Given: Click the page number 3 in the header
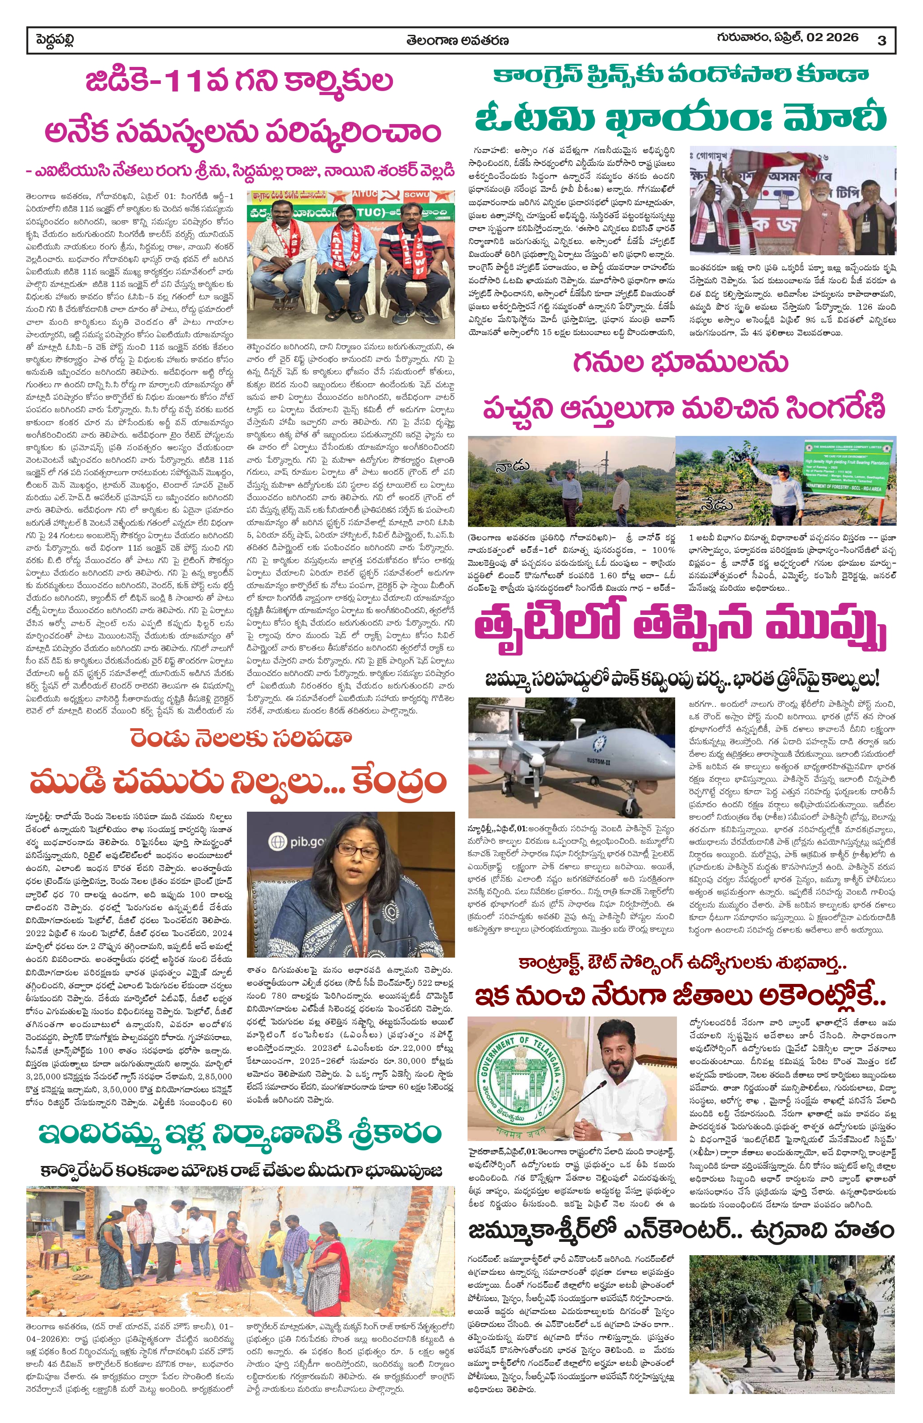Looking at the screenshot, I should point(881,41).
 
